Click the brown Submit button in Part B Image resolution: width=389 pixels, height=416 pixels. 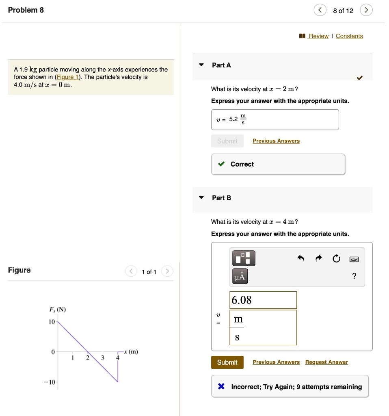click(227, 362)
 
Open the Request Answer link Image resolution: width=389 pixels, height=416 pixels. click(326, 362)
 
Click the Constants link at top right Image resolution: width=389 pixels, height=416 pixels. click(349, 36)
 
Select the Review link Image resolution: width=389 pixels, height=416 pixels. click(318, 36)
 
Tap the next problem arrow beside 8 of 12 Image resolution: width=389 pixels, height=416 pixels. click(366, 10)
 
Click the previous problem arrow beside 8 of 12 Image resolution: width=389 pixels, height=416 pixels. click(320, 10)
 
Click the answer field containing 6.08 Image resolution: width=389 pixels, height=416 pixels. click(263, 300)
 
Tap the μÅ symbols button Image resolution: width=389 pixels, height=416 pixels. click(240, 277)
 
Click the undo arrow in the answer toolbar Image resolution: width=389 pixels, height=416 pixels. click(301, 258)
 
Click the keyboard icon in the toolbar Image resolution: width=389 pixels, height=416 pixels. click(354, 258)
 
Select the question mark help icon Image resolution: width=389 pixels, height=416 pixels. click(354, 277)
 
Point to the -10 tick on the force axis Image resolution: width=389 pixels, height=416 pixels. click(51, 383)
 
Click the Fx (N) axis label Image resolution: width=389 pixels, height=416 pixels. click(58, 310)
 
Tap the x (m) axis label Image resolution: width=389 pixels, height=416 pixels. click(131, 352)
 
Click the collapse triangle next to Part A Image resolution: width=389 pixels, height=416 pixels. click(201, 65)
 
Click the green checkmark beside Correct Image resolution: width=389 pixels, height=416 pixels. click(221, 165)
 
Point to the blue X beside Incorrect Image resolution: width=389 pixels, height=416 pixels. click(221, 387)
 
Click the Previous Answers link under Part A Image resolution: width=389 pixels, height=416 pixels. click(276, 141)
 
